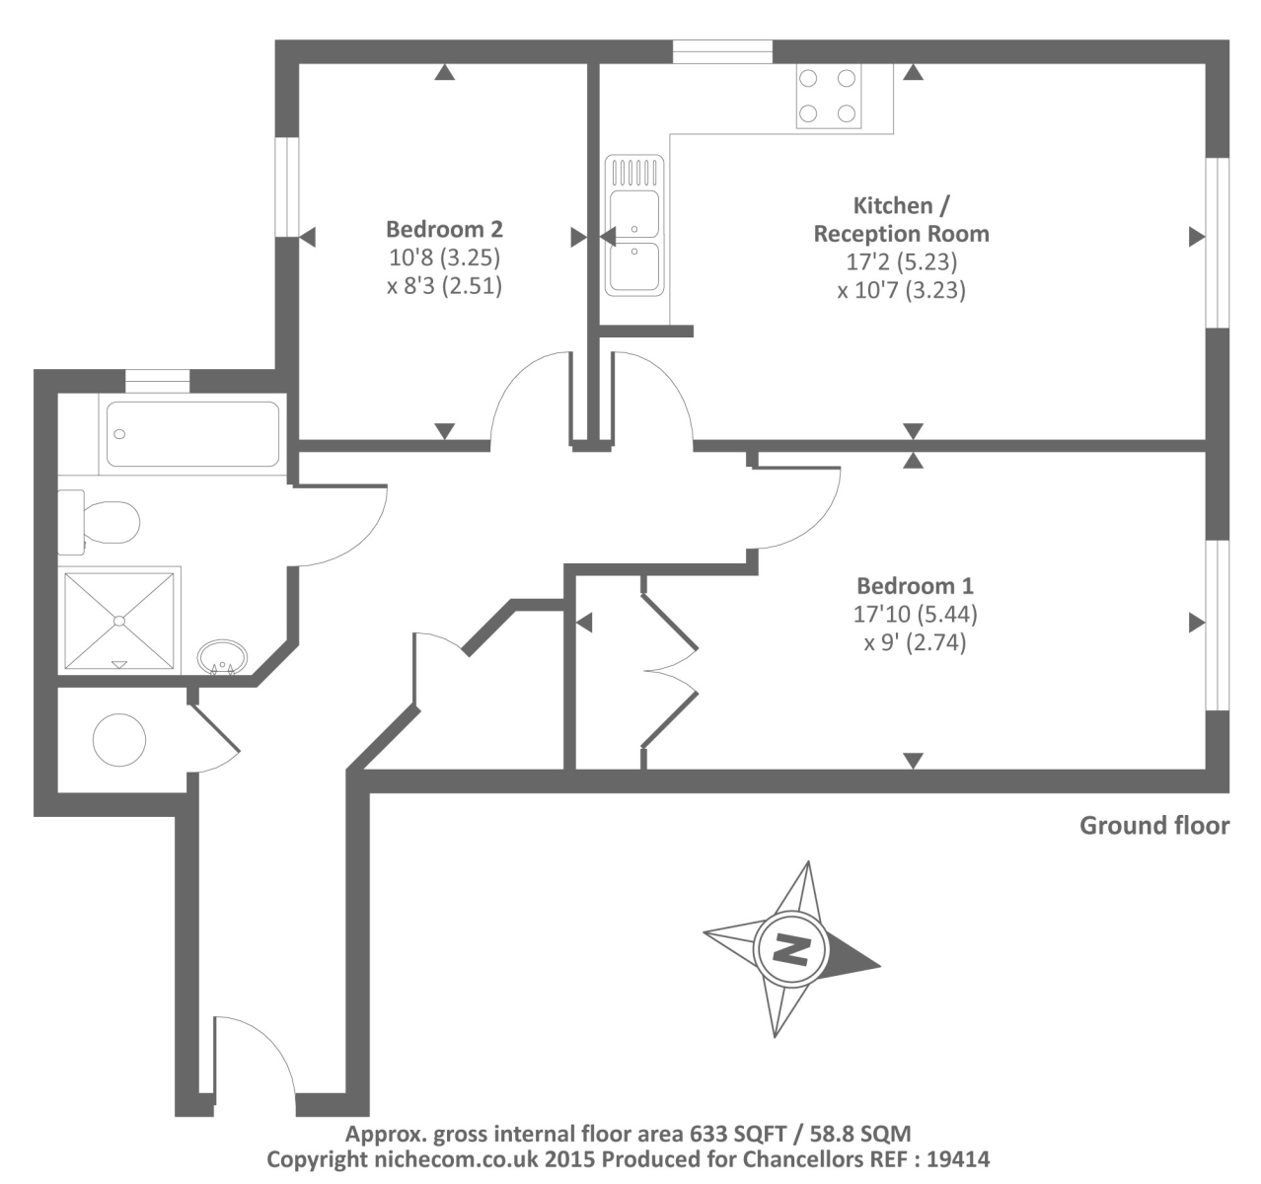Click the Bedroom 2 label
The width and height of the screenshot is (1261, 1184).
pos(444,229)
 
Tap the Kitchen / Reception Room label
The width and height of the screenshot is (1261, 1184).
pos(901,220)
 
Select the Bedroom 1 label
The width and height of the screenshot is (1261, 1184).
pos(915,585)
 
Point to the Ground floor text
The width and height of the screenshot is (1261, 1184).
pos(1153,826)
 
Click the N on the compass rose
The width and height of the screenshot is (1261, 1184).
pos(790,950)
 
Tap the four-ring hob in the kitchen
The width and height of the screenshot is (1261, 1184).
pos(828,96)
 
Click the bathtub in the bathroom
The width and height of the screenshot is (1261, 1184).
pos(192,433)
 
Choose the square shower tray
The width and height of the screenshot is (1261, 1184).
pos(120,620)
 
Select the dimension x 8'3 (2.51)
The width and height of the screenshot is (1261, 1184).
pos(444,286)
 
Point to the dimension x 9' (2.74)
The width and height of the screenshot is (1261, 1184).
pos(915,642)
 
